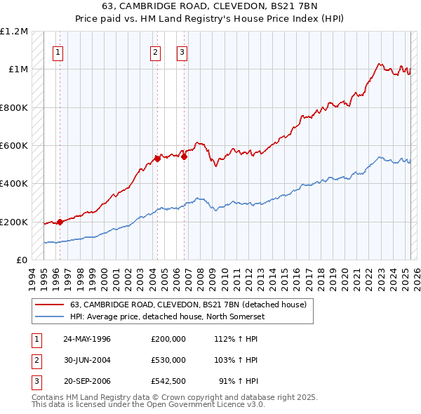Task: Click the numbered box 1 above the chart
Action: [x=58, y=51]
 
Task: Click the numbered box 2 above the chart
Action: [x=155, y=51]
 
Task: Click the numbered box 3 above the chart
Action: [x=182, y=51]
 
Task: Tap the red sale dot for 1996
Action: [x=60, y=222]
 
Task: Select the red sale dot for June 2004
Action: [x=157, y=159]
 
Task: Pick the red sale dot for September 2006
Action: [x=184, y=156]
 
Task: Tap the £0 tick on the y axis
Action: [x=22, y=260]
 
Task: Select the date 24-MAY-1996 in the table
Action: [x=87, y=339]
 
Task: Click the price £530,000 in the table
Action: [x=168, y=360]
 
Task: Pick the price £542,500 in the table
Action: [x=168, y=381]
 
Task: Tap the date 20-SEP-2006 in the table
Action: [x=87, y=381]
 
